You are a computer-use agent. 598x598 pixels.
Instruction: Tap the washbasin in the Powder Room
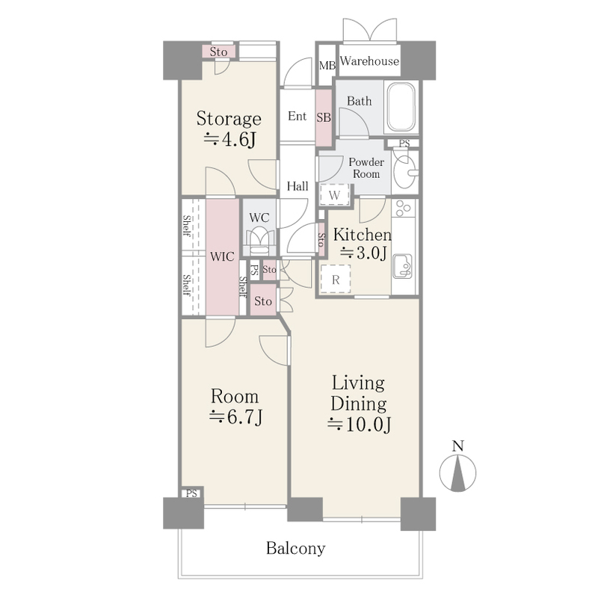tap(404, 171)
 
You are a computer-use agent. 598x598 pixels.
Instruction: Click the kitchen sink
tap(402, 266)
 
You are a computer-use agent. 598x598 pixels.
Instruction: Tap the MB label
tap(327, 66)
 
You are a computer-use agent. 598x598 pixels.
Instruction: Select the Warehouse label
tap(369, 61)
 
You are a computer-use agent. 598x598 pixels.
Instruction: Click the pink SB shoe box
tap(324, 117)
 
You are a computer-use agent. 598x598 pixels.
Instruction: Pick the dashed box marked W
tap(334, 195)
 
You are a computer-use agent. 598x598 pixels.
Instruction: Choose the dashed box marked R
tap(335, 280)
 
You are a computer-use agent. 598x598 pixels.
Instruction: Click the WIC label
tap(222, 256)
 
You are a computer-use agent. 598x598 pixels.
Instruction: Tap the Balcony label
tap(296, 549)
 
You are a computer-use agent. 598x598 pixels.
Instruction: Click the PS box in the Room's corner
tap(192, 493)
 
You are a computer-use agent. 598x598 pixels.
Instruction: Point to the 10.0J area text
tap(359, 425)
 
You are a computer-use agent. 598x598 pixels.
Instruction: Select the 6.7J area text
tap(235, 417)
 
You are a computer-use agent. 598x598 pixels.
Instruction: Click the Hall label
tap(298, 186)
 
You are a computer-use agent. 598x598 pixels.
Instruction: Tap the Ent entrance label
tap(297, 116)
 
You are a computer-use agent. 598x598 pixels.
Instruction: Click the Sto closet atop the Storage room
tap(218, 52)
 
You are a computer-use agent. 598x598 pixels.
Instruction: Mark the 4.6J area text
tap(229, 139)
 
